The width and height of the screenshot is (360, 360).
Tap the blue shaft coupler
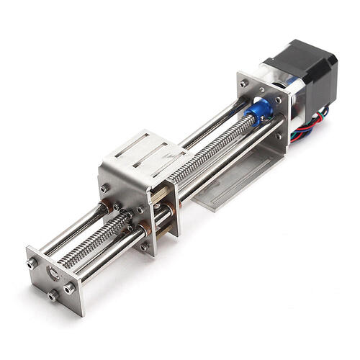point(259,109)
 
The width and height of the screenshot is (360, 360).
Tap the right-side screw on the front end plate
point(69,288)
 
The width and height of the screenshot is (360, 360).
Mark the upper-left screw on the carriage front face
point(106,189)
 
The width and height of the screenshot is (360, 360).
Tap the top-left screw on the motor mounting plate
point(245,84)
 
